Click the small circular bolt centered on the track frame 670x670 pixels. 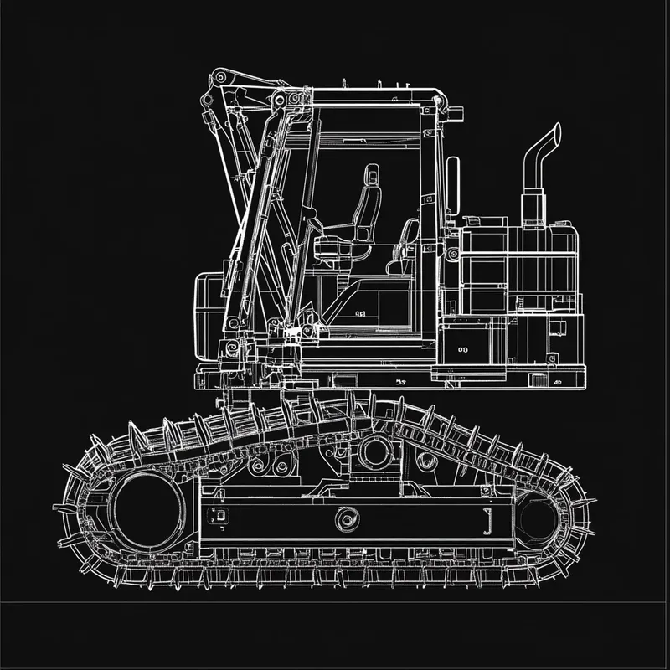coord(343,520)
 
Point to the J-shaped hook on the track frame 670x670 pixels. coord(486,520)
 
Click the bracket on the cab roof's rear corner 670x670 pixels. coord(439,100)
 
